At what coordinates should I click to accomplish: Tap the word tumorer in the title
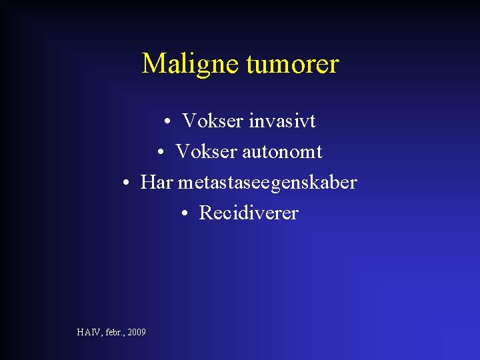coord(292,64)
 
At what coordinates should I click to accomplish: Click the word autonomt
coord(283,152)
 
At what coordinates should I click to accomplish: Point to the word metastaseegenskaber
coord(267,183)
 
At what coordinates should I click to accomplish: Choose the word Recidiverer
coord(249,213)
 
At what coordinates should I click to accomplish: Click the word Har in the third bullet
coord(157,183)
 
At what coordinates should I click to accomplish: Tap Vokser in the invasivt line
coord(213,121)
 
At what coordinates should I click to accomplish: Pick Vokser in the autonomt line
coord(206,152)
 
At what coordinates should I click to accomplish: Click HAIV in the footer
coord(87,332)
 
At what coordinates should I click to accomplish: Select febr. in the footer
coord(112,332)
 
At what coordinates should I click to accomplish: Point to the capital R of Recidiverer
coord(205,213)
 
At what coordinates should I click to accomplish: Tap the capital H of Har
coord(147,183)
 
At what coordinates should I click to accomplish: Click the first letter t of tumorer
coord(250,65)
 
